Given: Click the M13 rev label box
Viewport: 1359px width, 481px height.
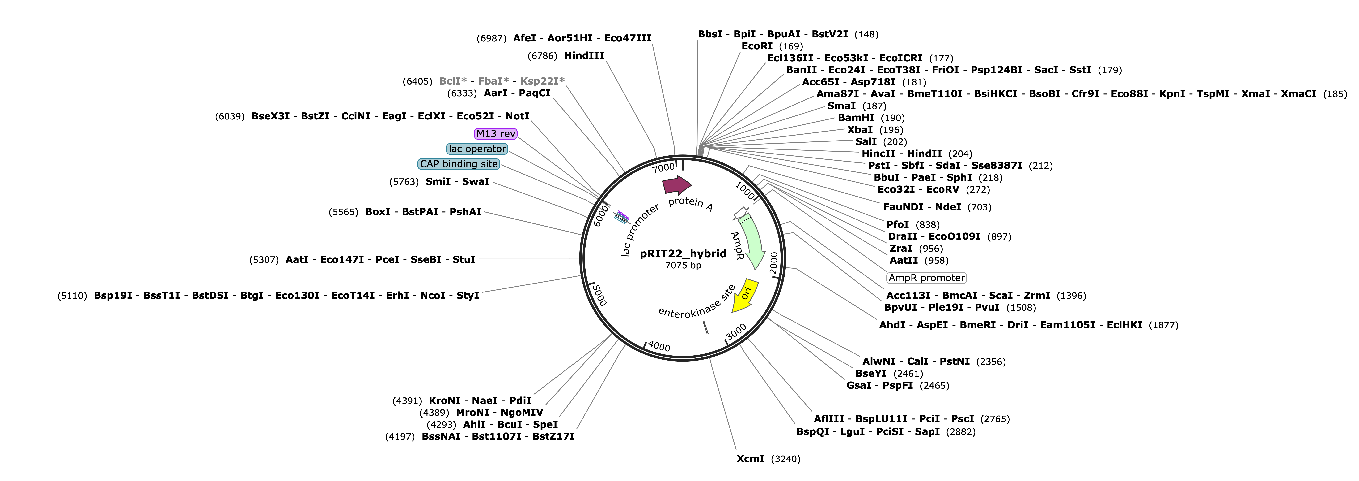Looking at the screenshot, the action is pyautogui.click(x=495, y=134).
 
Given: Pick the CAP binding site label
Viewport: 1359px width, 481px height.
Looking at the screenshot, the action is pyautogui.click(x=459, y=164).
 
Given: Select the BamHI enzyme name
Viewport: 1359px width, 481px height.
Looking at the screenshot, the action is pyautogui.click(x=856, y=118).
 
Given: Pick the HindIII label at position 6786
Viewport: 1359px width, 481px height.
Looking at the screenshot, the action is pyautogui.click(x=584, y=55).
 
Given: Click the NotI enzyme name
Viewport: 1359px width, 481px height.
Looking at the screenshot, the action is pyautogui.click(x=517, y=116).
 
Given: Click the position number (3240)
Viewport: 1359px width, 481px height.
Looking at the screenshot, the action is pyautogui.click(x=785, y=459).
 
